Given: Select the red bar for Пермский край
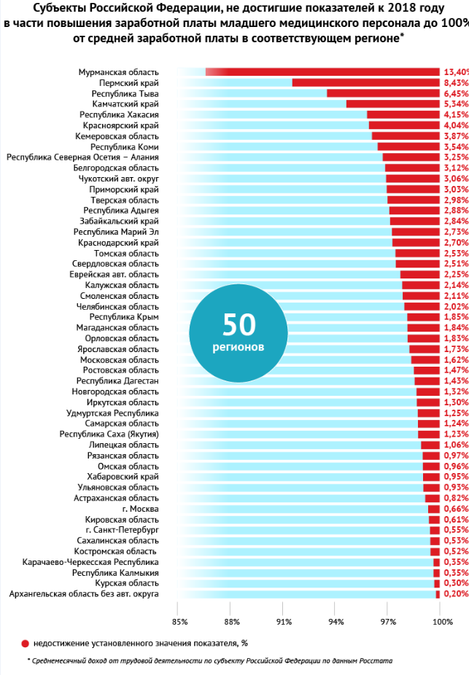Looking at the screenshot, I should (x=365, y=82).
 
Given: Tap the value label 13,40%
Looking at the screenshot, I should (x=456, y=71).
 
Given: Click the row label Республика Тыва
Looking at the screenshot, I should (x=125, y=93).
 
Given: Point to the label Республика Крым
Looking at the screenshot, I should (x=124, y=317).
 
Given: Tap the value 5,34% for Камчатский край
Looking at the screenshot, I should (x=455, y=104).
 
